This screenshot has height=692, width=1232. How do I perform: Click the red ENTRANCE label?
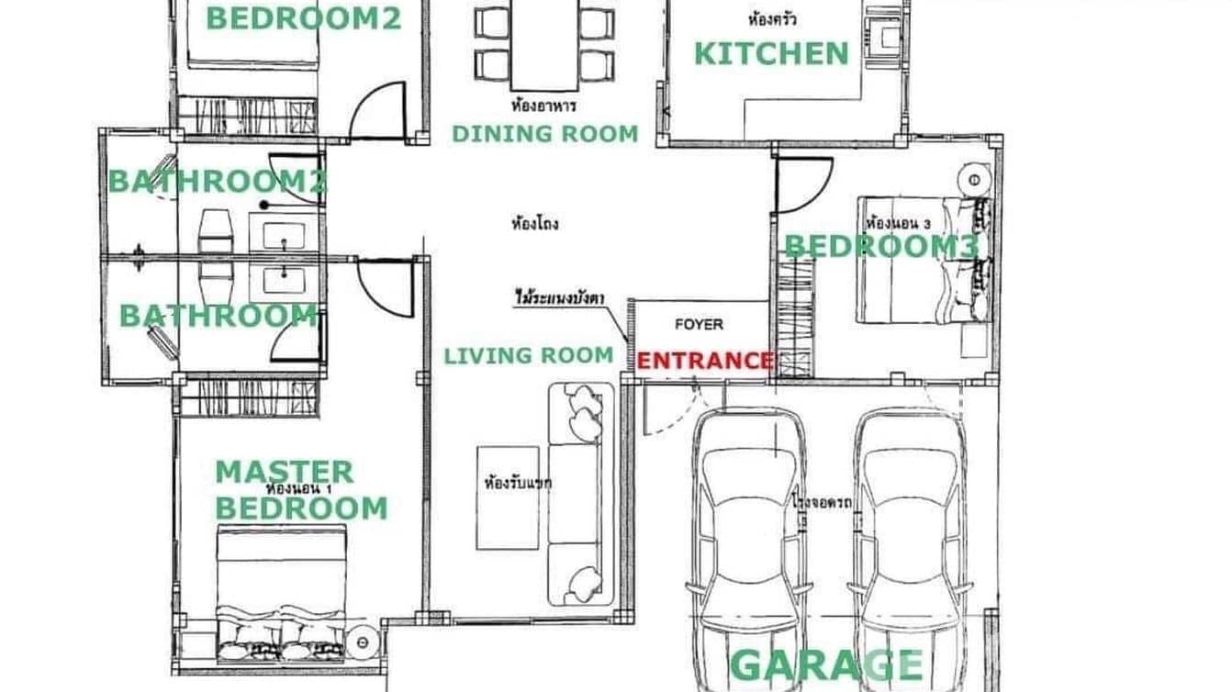(704, 361)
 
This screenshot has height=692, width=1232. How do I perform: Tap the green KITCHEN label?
(770, 54)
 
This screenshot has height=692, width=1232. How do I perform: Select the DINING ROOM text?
(544, 134)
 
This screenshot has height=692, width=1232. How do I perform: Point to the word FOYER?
(699, 324)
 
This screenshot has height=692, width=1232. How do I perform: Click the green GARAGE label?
(826, 665)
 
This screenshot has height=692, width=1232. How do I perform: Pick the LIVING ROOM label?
(528, 355)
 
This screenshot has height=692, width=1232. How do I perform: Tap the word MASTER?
(284, 473)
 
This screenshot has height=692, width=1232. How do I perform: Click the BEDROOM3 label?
(881, 246)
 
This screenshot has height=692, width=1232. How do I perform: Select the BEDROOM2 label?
(303, 18)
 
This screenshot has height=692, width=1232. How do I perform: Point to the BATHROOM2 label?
(218, 182)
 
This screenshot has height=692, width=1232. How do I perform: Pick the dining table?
(544, 41)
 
